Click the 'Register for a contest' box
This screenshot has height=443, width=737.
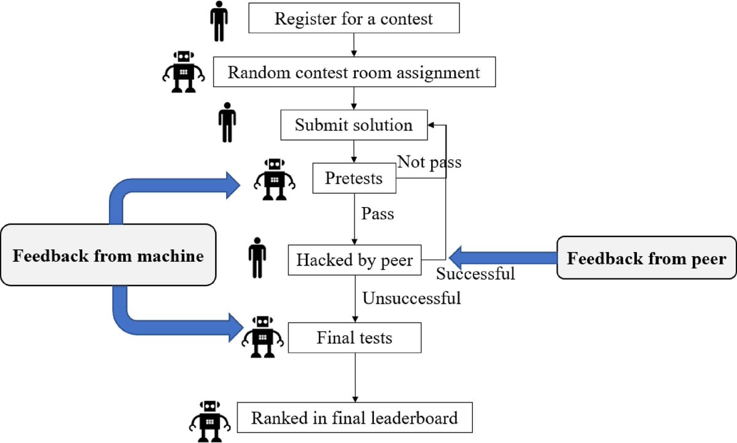(x=354, y=19)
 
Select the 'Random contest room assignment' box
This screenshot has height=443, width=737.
(x=354, y=73)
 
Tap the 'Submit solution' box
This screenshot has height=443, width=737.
(x=354, y=125)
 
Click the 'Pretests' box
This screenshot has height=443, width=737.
(x=354, y=179)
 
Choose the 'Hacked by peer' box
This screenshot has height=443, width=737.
(x=354, y=260)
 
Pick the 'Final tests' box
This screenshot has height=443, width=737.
(x=354, y=338)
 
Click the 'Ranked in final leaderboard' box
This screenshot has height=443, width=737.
(x=354, y=419)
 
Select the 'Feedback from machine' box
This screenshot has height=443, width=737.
(x=108, y=255)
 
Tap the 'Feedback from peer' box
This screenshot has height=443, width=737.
(x=646, y=258)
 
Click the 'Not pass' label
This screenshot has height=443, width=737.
(x=429, y=162)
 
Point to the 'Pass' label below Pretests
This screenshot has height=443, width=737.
(x=377, y=214)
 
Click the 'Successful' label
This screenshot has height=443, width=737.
(x=475, y=274)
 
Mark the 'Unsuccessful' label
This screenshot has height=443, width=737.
(x=411, y=299)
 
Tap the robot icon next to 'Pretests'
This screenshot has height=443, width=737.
(x=274, y=179)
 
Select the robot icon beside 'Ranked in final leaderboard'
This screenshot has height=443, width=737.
(x=211, y=421)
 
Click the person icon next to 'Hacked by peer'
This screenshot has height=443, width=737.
(x=257, y=260)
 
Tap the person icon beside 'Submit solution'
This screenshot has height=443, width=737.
(x=227, y=122)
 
